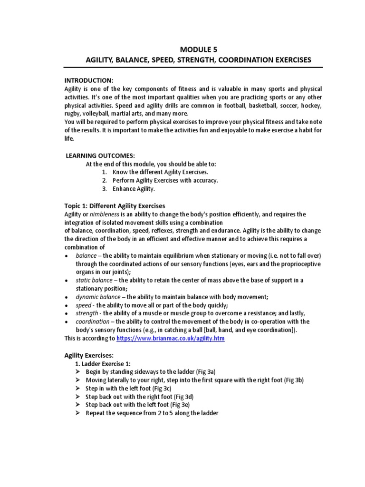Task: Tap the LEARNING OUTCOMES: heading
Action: pos(100,156)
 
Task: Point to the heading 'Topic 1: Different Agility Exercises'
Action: pos(115,205)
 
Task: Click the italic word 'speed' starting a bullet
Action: pos(84,305)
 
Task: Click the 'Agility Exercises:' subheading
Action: pos(89,355)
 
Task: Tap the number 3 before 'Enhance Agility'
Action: pos(104,189)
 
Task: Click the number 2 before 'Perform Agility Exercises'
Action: pos(104,180)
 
